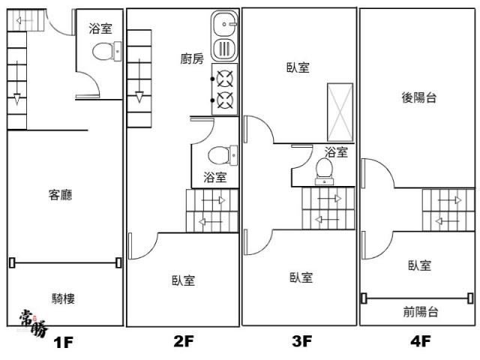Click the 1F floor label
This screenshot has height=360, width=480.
[63, 343]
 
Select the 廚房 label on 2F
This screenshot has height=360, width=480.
[192, 59]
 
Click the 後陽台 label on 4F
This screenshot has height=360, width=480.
[418, 97]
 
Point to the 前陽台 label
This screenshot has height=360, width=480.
[419, 311]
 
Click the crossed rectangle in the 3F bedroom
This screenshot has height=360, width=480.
[339, 113]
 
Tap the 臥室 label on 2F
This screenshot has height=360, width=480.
[183, 280]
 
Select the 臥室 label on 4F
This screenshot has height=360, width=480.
[418, 265]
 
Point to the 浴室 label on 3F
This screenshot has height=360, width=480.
[336, 152]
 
